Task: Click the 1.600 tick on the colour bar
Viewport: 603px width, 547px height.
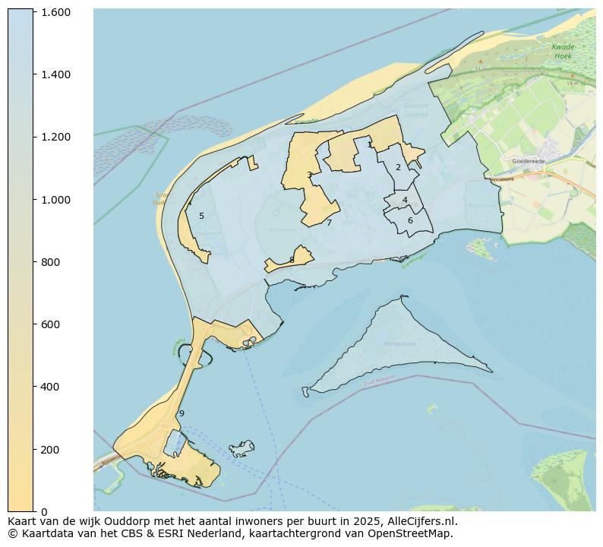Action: [x=55, y=12]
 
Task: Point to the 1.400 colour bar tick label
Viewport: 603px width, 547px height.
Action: [x=55, y=74]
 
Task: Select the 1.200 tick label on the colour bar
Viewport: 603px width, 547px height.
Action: [x=55, y=137]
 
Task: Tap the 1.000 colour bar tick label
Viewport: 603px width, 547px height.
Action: [x=55, y=200]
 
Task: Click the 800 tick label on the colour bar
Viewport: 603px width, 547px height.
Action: [x=50, y=262]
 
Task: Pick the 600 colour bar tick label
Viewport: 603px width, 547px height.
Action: [x=50, y=324]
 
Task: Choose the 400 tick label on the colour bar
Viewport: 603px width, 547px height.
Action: [x=50, y=387]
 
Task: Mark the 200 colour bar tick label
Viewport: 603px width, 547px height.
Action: [x=50, y=450]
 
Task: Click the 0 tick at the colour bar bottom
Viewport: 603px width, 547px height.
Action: [x=44, y=511]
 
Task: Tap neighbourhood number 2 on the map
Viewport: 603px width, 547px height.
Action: [x=398, y=167]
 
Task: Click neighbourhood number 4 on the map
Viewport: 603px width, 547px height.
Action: [x=405, y=201]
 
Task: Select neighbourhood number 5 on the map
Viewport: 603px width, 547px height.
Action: [x=201, y=217]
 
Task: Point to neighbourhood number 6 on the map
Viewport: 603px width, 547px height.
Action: [x=410, y=221]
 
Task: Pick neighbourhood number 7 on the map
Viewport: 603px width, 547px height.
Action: [x=329, y=223]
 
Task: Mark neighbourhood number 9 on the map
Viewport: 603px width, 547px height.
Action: [x=182, y=414]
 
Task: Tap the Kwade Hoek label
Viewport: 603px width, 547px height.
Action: [x=563, y=51]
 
